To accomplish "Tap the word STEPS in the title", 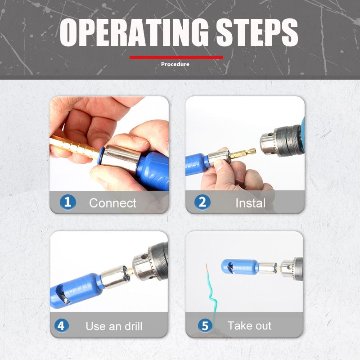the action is [x=257, y=32].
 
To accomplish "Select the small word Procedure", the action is [x=175, y=64].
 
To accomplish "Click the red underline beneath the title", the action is [x=176, y=58].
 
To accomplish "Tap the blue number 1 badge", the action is [x=68, y=202].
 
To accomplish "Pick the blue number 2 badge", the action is [x=202, y=202].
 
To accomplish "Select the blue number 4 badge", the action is [x=61, y=325].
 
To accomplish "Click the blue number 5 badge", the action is [x=205, y=325].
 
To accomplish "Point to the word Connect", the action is [x=113, y=203].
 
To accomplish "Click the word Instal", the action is [x=251, y=203].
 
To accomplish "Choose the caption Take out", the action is [x=249, y=325].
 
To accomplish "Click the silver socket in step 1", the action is [x=121, y=158].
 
